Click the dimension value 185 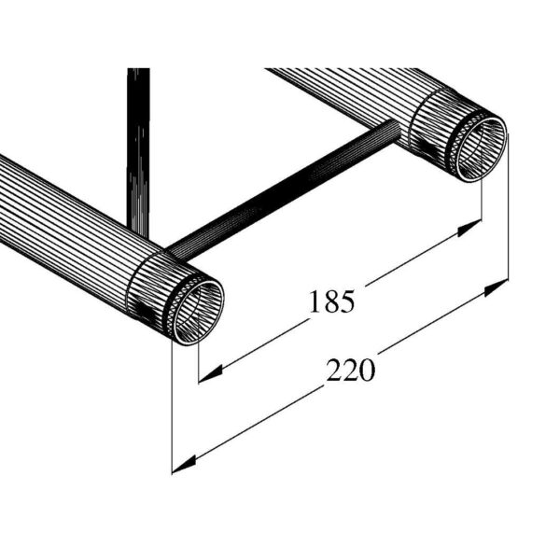coord(333,301)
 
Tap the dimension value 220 coord(351,371)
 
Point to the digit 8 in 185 coord(333,301)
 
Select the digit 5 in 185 coord(347,301)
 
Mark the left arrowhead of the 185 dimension coord(209,372)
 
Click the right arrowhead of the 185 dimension coord(472,230)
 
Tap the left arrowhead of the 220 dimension coord(182,463)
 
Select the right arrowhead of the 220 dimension coord(498,287)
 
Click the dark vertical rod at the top coord(138,140)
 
